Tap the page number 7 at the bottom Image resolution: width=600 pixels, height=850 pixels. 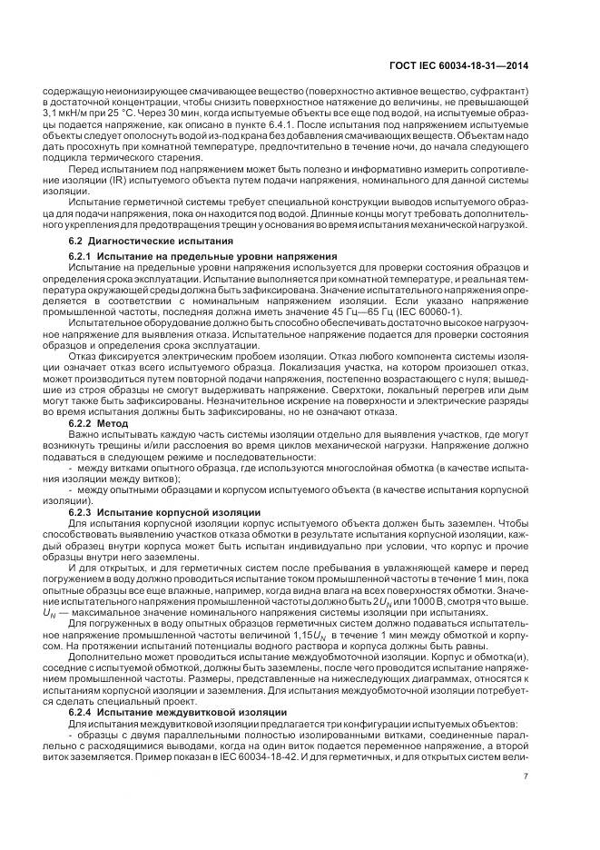[526, 776]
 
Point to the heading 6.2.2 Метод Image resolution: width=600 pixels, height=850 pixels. [101, 423]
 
